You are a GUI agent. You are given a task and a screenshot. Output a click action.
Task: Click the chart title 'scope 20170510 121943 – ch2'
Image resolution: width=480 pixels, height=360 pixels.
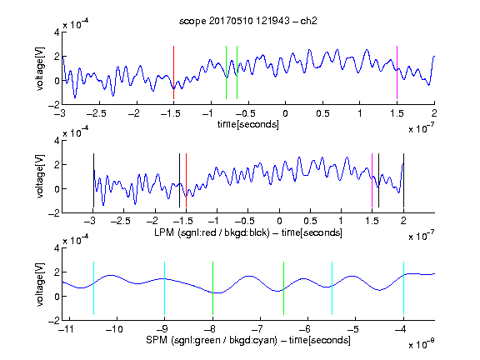(x=248, y=21)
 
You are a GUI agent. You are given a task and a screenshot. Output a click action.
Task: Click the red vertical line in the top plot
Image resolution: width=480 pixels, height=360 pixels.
(x=173, y=72)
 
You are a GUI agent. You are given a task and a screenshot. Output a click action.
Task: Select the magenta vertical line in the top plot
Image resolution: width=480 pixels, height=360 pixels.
(x=397, y=72)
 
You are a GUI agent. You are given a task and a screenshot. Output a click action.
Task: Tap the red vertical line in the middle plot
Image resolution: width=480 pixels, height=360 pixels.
(x=186, y=180)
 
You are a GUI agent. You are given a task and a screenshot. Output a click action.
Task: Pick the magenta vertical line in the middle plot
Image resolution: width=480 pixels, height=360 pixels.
(x=372, y=180)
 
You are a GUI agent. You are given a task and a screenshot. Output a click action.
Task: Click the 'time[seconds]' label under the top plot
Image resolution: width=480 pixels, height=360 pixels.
(x=248, y=124)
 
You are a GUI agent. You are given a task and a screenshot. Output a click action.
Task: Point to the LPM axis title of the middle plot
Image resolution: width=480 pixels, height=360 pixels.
(x=248, y=232)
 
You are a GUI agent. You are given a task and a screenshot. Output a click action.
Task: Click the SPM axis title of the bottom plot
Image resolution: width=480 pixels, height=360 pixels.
(x=248, y=340)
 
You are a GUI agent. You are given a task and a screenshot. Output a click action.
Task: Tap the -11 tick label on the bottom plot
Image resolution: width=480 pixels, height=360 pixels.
(x=67, y=329)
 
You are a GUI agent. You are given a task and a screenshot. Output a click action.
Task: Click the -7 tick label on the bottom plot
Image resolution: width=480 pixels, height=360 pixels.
(x=257, y=329)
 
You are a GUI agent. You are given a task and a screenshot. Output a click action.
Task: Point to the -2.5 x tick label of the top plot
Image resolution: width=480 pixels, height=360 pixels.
(x=97, y=113)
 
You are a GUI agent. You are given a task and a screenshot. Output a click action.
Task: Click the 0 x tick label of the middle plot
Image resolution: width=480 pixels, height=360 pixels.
(x=279, y=221)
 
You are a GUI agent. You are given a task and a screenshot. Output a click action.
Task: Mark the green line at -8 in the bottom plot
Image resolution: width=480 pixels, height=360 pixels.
(x=212, y=288)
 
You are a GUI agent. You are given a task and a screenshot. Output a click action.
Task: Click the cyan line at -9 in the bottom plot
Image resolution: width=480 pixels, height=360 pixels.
(x=165, y=288)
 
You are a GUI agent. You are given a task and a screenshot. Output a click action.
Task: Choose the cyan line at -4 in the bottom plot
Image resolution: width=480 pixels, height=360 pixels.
(x=404, y=288)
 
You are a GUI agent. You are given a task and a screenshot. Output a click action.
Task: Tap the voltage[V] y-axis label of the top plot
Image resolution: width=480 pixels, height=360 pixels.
(x=40, y=69)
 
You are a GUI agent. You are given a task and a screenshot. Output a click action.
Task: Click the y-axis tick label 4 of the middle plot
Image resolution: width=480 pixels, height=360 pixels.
(x=57, y=141)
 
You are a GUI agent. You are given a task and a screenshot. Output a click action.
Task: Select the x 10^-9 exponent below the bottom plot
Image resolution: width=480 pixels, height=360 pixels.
(x=421, y=344)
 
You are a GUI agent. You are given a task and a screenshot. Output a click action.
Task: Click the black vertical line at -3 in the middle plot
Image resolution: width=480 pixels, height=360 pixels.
(x=93, y=180)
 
